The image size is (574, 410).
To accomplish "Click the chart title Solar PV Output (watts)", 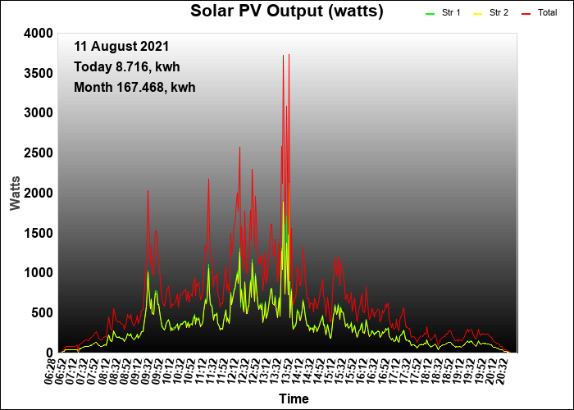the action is pos(287,11).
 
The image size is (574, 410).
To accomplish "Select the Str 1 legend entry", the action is pos(443,13).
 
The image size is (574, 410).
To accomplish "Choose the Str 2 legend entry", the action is pos(490,13).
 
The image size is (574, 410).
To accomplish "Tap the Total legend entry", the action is pos(539,13).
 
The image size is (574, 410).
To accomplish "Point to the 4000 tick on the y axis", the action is pos(39,34).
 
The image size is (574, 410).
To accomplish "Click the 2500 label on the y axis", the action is pos(39,153).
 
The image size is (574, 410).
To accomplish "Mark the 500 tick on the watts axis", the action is pos(43,313).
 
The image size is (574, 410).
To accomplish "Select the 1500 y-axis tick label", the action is pos(39,233).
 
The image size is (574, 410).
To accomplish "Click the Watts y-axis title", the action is pos(15,194).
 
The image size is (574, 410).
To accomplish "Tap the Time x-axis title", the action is pos(294,399).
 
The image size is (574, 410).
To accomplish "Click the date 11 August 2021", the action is pos(121,47).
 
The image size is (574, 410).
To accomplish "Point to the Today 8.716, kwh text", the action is pos(127,67).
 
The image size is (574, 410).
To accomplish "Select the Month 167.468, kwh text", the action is pos(134,88).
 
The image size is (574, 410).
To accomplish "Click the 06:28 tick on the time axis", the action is pos(51,371).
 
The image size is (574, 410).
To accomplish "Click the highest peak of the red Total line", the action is pos(289,55).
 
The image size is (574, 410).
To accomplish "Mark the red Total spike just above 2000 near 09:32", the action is pos(148,191).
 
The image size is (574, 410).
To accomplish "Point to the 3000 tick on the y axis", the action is pos(39,113).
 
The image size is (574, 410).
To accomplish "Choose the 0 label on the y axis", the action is pos(50,353).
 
